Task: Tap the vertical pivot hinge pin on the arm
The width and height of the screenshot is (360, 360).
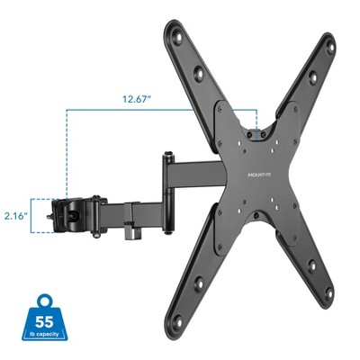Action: click(167, 175)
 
